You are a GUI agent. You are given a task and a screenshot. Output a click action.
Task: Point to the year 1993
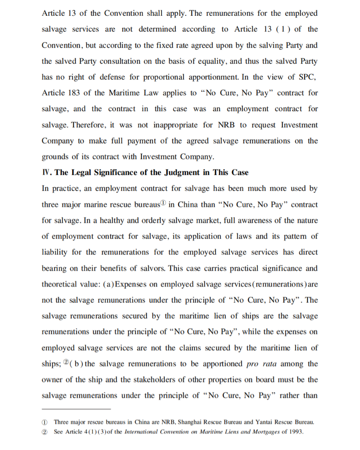295,432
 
